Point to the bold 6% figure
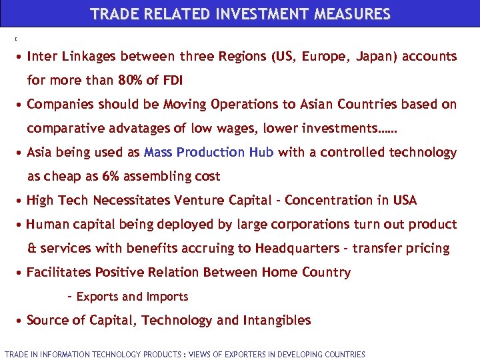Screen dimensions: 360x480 pos(109,177)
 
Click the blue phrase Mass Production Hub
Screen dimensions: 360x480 pos(208,152)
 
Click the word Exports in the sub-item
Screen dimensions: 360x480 pos(98,297)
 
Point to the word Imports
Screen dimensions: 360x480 pos(167,297)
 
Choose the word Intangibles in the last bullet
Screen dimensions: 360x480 pos(277,320)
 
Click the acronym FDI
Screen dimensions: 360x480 pos(171,81)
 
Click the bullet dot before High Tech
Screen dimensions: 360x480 pos(21,201)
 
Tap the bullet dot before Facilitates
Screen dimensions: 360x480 pos(21,273)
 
